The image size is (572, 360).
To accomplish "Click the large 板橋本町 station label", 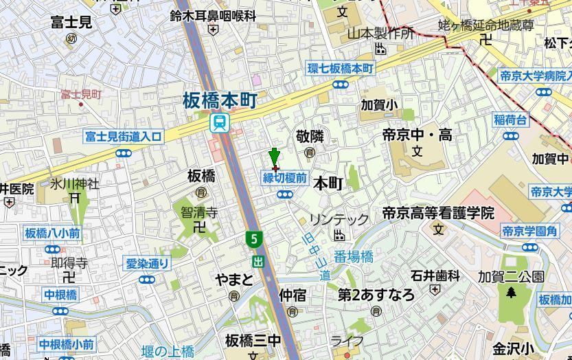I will click(x=220, y=101).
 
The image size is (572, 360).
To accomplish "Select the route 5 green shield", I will click(x=255, y=239).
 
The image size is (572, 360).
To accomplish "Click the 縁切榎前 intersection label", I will click(x=284, y=178).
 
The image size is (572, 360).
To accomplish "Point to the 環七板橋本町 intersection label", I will click(x=340, y=69).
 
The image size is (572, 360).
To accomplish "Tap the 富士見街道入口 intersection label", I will click(x=124, y=137).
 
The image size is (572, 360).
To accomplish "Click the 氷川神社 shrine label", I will click(x=74, y=184).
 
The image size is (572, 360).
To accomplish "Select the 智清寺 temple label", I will click(x=199, y=212).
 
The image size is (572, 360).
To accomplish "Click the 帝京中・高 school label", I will click(x=417, y=135).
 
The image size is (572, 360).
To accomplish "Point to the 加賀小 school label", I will click(x=380, y=105).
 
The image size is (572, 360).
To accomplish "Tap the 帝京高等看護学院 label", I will click(x=438, y=213).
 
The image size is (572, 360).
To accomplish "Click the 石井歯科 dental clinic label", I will click(x=435, y=276).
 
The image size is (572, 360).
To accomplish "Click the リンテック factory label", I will click(x=339, y=220).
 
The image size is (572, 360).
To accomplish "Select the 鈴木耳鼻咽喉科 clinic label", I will click(x=213, y=15).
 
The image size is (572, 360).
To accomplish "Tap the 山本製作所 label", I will click(x=380, y=33).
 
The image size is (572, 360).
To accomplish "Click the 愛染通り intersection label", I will click(x=147, y=263).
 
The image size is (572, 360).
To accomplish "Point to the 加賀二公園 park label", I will click(x=511, y=277).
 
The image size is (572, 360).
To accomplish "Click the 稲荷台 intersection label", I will click(x=511, y=120).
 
